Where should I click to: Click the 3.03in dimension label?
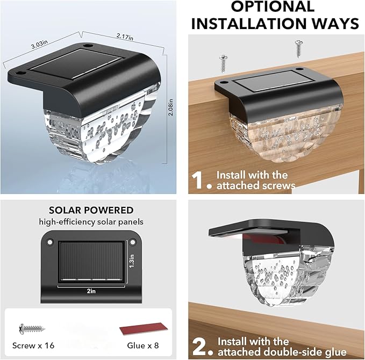coord(39,44)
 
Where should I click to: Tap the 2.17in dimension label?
coord(125,37)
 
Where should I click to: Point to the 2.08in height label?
coord(170,107)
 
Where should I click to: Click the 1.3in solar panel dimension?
coord(132,261)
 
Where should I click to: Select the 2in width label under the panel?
coord(91,291)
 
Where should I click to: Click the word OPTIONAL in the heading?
coord(273,6)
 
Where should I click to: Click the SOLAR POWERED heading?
coord(91,210)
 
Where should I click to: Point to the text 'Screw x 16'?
coord(33,345)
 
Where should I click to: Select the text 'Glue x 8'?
coord(143,345)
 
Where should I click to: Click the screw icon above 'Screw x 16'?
coord(32,329)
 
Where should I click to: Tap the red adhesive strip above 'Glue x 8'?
coord(144,329)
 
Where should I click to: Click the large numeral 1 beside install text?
coord(198,180)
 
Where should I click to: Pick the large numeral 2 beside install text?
coord(199,347)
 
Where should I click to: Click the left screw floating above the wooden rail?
coord(224,63)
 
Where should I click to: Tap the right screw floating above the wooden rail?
coord(299,49)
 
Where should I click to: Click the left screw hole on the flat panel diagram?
coord(50,242)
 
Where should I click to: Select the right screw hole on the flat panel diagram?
coord(132,242)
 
